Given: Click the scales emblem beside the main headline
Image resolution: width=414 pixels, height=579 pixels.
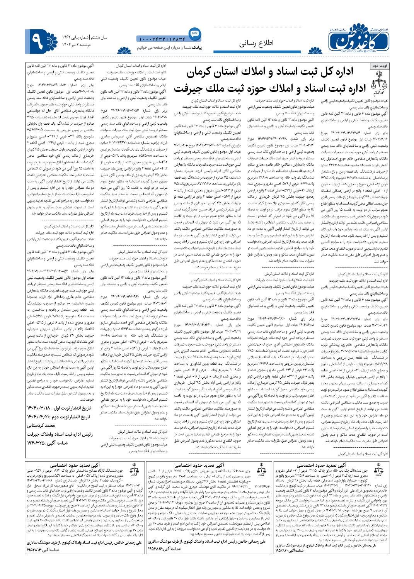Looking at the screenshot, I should click(x=378, y=82).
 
